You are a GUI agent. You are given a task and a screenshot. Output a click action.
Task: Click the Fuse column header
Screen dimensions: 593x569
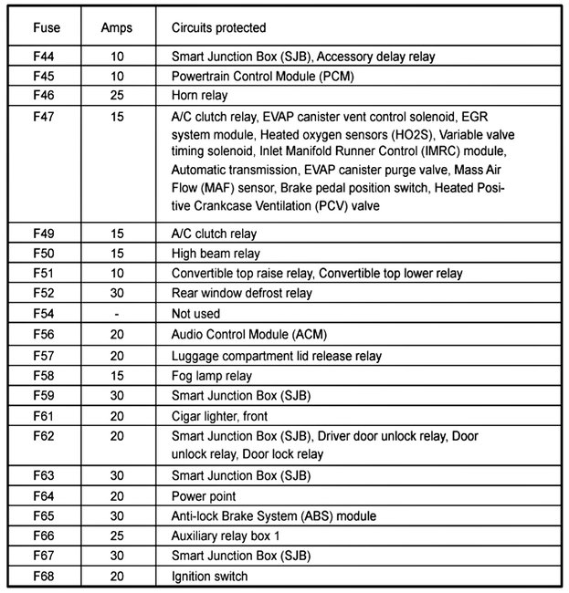47,28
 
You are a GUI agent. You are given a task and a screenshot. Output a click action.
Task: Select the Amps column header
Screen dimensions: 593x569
116,28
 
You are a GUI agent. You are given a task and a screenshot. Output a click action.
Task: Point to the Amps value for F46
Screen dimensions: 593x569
116,95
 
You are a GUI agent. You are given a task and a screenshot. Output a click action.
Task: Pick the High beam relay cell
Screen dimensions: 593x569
216,254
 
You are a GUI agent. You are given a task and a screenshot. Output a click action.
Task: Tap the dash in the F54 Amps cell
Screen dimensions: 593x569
116,314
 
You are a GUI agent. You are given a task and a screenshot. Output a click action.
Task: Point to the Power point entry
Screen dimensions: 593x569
204,496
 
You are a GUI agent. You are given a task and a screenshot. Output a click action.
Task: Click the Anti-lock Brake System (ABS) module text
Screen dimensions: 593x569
273,516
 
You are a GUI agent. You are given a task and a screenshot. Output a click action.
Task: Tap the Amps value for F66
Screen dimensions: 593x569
116,536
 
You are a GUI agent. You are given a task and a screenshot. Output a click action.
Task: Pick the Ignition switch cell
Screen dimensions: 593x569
210,577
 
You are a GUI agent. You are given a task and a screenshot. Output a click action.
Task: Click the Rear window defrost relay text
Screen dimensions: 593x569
242,294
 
